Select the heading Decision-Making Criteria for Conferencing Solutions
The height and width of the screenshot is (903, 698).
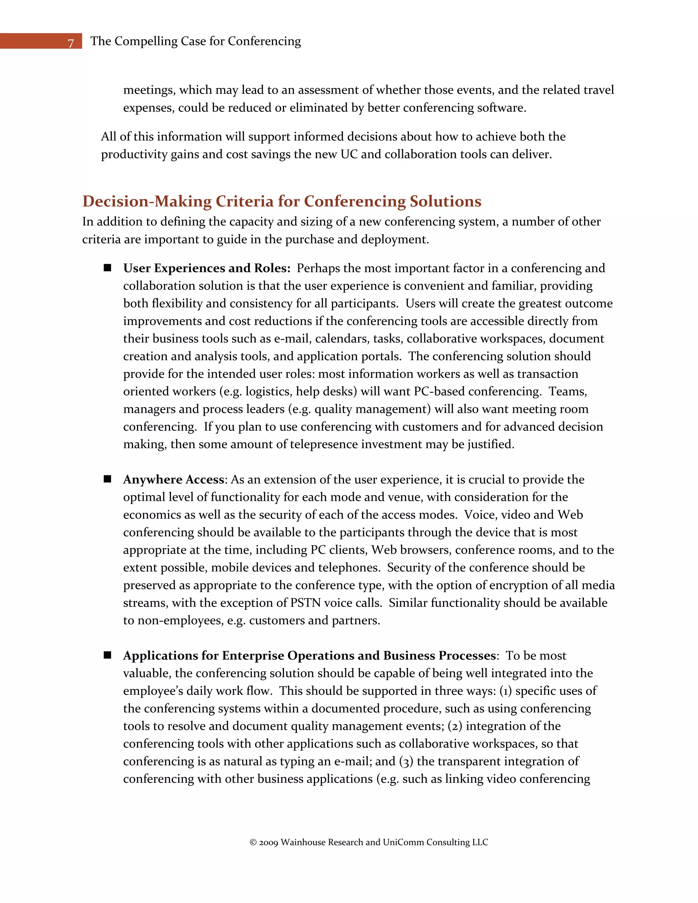[x=282, y=201]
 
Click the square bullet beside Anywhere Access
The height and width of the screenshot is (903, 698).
[x=107, y=479]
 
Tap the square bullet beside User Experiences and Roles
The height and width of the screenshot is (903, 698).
[x=107, y=267]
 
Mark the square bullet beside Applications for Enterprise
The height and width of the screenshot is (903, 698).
[x=107, y=655]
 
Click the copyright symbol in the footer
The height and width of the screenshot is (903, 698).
[x=253, y=842]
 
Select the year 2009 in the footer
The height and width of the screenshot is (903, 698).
[x=268, y=842]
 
